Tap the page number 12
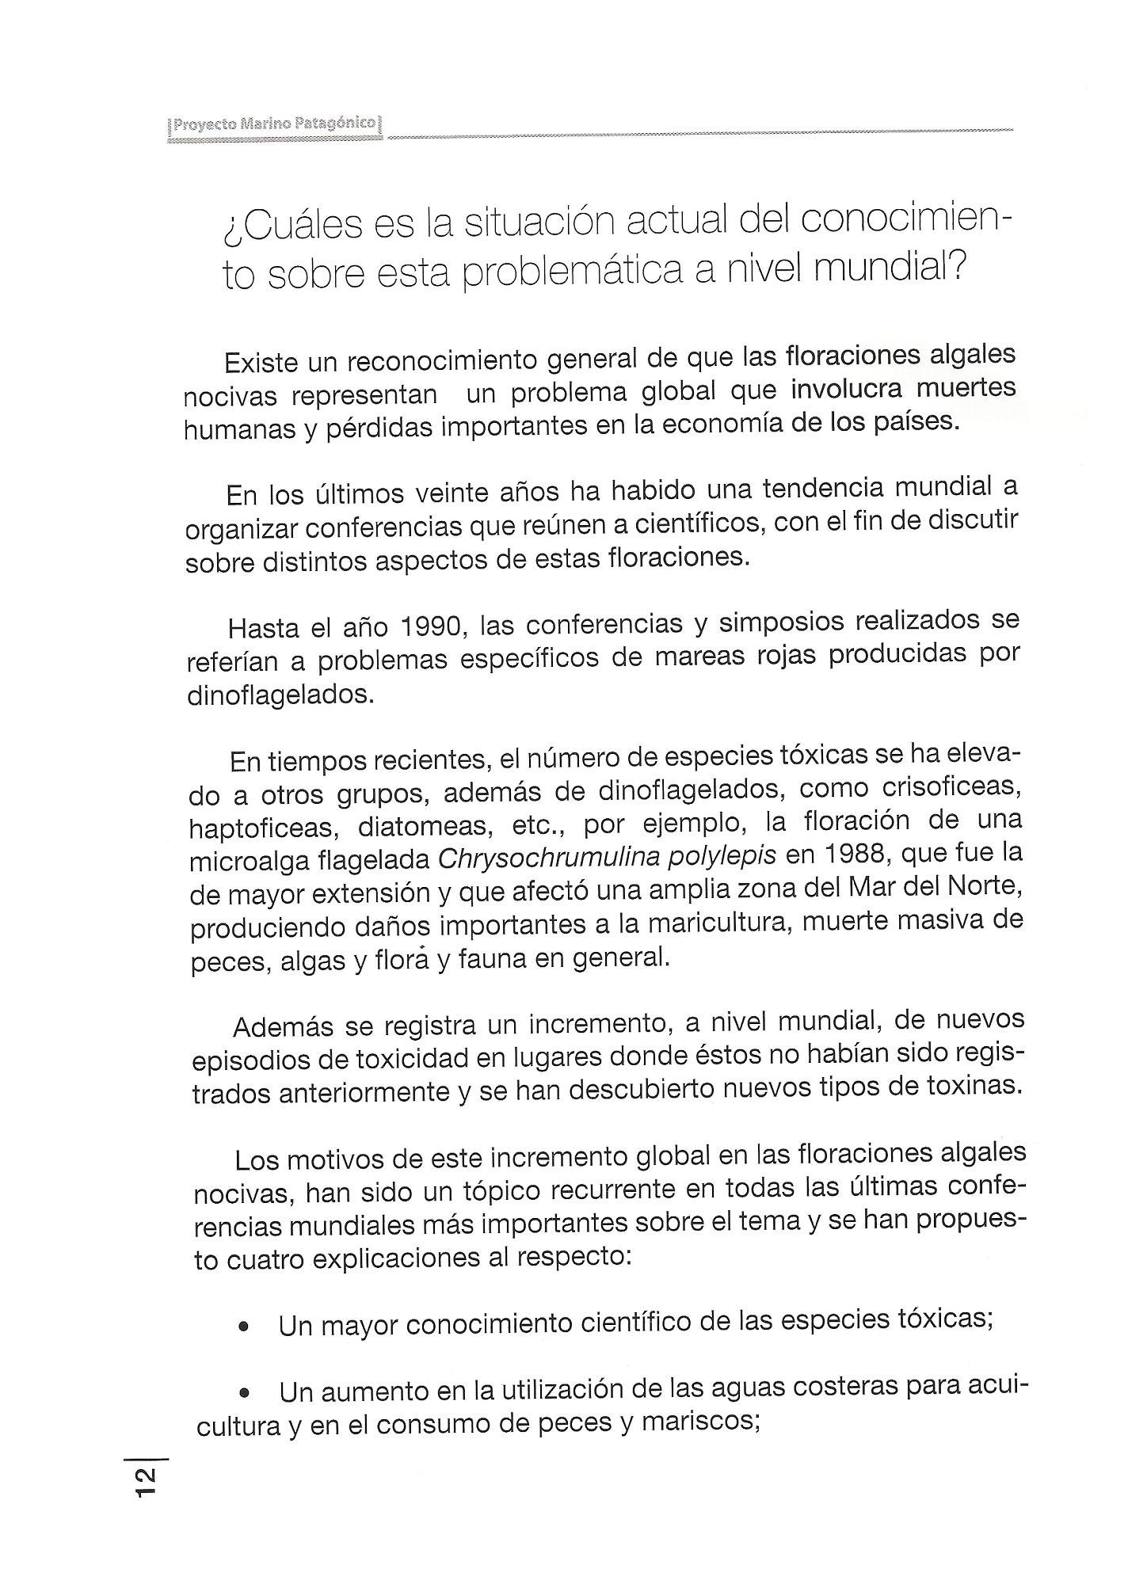[147, 1480]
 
